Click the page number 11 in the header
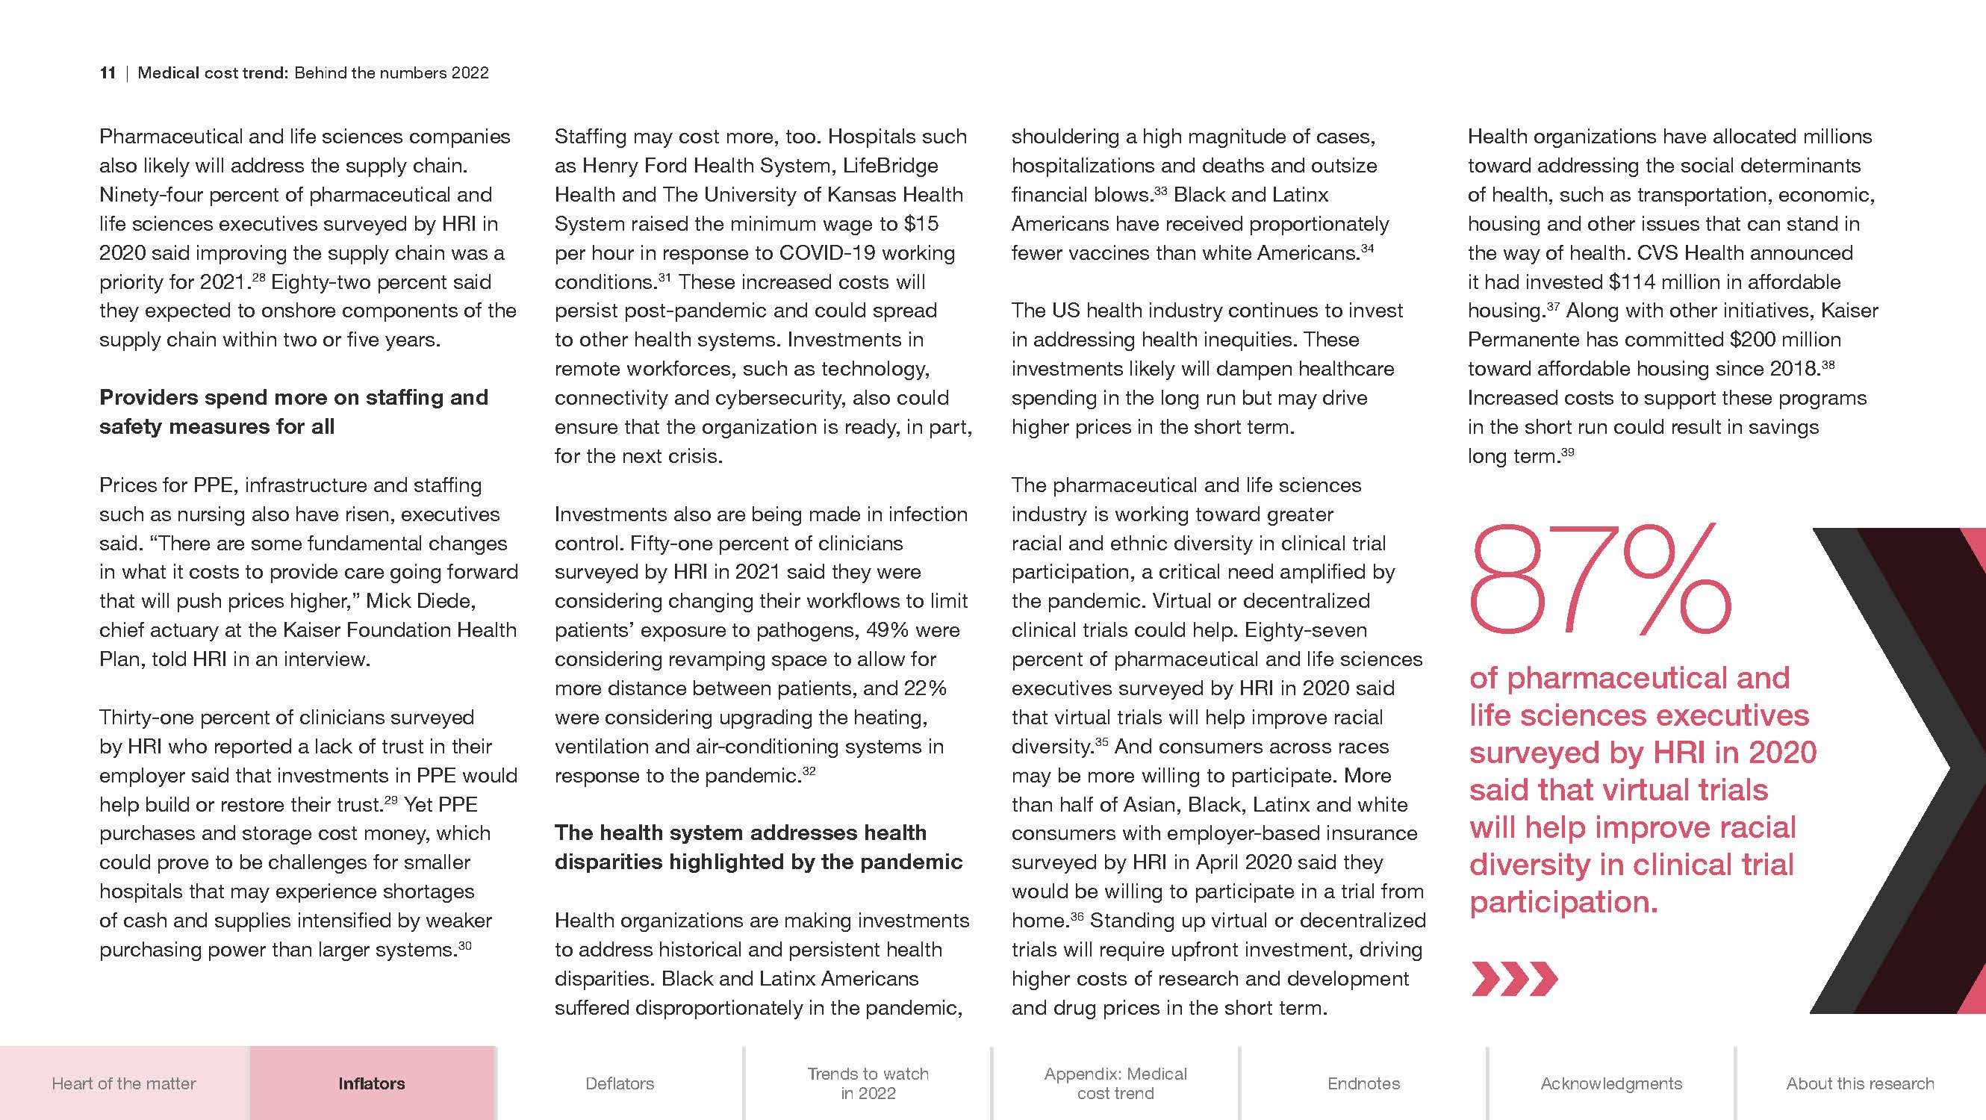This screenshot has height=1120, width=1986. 108,73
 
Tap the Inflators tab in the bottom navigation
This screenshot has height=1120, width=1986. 372,1083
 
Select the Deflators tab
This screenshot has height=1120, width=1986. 620,1083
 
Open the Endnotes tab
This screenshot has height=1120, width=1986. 1363,1083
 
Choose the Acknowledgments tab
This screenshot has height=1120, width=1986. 1611,1083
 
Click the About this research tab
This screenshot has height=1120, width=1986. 1860,1083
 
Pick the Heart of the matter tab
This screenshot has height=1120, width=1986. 124,1083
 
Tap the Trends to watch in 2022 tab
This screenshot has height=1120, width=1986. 868,1083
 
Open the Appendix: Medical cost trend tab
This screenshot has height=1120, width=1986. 1115,1083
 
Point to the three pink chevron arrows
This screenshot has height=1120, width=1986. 1514,979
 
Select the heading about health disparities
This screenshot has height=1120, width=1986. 759,847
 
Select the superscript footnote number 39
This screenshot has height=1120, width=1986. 1567,452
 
